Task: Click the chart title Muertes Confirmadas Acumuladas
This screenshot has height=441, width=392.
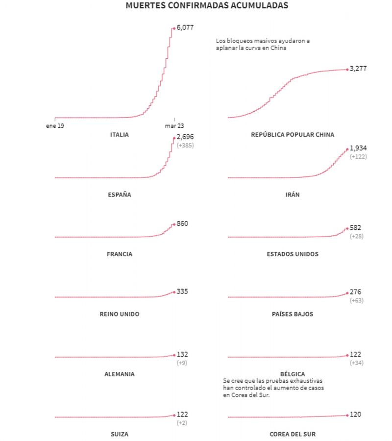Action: click(207, 6)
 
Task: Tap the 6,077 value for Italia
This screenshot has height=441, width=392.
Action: click(186, 28)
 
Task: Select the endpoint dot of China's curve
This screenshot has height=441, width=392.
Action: click(347, 69)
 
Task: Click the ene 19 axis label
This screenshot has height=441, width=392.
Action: click(55, 126)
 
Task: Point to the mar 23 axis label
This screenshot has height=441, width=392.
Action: click(174, 126)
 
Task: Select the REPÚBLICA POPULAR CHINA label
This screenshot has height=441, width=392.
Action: click(293, 135)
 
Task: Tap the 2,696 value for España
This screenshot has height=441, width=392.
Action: click(186, 137)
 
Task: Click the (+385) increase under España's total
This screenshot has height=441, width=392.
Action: click(185, 146)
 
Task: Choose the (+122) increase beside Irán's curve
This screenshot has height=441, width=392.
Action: click(358, 157)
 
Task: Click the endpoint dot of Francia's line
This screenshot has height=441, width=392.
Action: click(173, 224)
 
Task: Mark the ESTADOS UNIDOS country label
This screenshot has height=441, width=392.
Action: click(293, 254)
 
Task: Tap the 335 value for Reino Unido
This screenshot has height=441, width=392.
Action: click(182, 292)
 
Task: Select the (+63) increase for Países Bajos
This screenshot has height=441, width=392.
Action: click(357, 300)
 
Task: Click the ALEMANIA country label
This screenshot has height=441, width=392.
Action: click(120, 374)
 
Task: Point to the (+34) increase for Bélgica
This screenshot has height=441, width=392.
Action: click(357, 363)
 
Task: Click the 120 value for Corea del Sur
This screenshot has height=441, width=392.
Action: click(356, 415)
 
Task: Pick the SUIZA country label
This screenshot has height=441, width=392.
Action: click(120, 434)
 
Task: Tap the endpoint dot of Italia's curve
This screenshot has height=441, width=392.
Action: click(173, 28)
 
